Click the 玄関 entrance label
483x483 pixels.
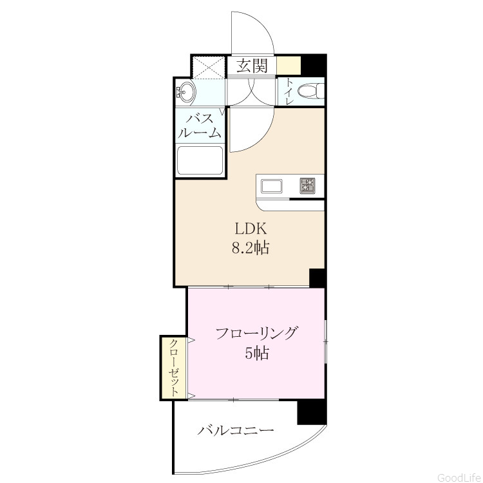252,66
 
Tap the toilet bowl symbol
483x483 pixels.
310,91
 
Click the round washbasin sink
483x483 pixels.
186,91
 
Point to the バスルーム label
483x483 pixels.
200,126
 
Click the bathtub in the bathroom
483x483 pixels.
200,160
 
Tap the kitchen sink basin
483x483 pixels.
272,186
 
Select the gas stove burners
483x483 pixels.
307,186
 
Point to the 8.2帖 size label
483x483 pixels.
251,247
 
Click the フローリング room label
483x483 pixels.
256,334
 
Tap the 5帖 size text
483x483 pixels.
257,353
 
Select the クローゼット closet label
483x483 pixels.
175,368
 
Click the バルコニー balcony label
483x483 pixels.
236,430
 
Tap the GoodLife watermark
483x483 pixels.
460,477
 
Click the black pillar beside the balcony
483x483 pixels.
312,412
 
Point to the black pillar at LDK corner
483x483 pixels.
317,278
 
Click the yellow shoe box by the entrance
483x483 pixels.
289,65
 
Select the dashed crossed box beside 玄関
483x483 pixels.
209,66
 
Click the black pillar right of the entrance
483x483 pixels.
314,64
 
